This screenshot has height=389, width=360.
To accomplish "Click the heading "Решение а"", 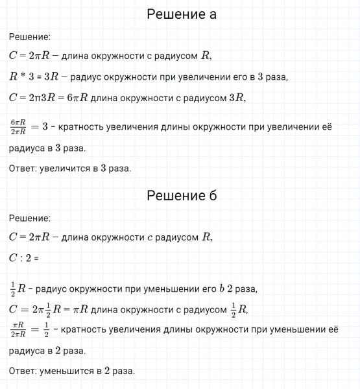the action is click(x=181, y=14).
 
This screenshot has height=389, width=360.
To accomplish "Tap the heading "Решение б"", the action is click(x=181, y=195).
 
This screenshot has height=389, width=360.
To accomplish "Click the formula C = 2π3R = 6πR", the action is click(x=49, y=98).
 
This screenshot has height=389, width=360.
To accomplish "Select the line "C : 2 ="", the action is click(x=25, y=258).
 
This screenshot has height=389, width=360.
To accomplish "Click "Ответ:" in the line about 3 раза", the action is click(x=24, y=169).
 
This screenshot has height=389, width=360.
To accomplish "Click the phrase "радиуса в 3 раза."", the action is click(x=47, y=148).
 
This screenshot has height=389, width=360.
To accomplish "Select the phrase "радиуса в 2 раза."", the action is click(x=47, y=351).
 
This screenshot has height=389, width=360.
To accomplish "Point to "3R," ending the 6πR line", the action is click(x=237, y=98).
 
